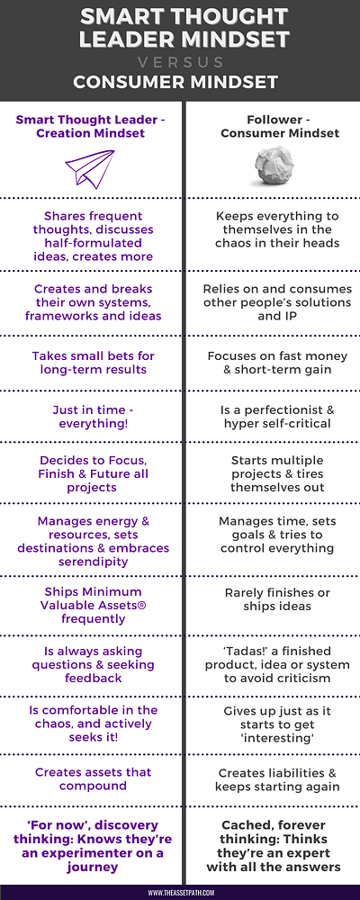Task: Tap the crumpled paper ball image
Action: pos(274,166)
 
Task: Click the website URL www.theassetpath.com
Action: pos(180,893)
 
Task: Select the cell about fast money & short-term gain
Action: pos(277,363)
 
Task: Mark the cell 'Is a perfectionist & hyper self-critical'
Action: pos(277,418)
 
